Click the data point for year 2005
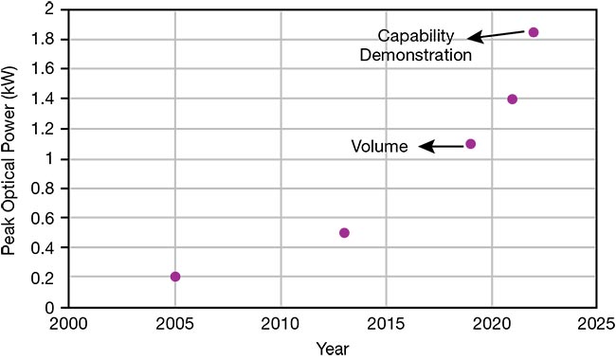175,277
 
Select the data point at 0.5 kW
344,233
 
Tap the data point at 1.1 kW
471,144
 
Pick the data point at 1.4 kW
513,99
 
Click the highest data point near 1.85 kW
534,32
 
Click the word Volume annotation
379,147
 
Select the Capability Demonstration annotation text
425,45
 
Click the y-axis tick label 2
50,9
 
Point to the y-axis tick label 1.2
45,129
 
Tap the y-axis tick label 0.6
45,218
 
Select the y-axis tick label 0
50,308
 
